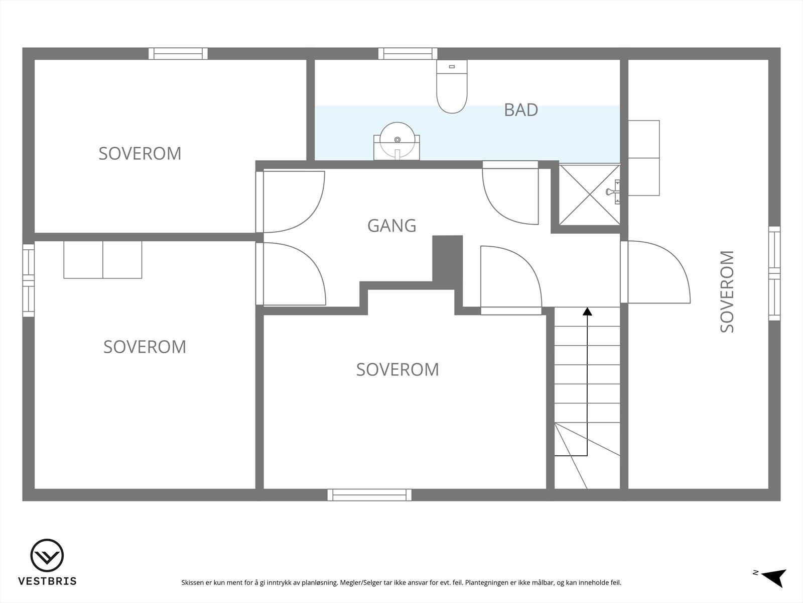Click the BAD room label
[521, 110]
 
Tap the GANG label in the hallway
[391, 226]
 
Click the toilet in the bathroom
[452, 86]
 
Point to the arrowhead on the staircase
[587, 312]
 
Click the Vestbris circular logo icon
[47, 556]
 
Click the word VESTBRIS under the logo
[47, 581]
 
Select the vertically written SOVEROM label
[727, 291]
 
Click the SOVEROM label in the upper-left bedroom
[140, 153]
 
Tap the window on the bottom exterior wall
[369, 495]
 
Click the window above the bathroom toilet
[408, 54]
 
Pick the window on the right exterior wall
[774, 273]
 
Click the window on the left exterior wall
[29, 280]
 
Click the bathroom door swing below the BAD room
[509, 193]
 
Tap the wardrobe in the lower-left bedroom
[103, 260]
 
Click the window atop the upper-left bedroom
[178, 54]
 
